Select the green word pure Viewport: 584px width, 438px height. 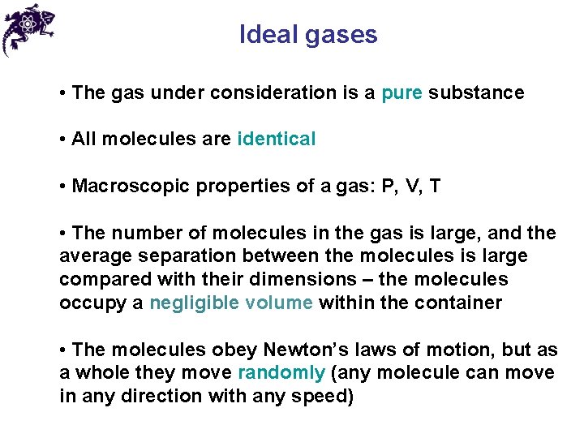point(401,93)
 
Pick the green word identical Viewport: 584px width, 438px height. point(277,140)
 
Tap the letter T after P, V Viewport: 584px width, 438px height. point(436,187)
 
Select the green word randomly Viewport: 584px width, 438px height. point(281,373)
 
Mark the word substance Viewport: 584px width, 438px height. point(476,93)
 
